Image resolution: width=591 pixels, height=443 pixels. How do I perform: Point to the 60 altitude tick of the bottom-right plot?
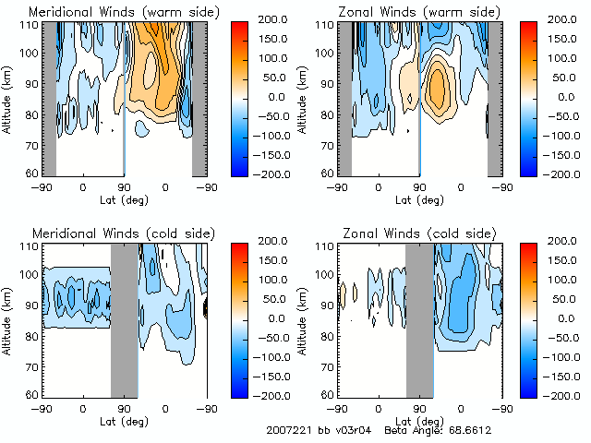click(327, 394)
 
